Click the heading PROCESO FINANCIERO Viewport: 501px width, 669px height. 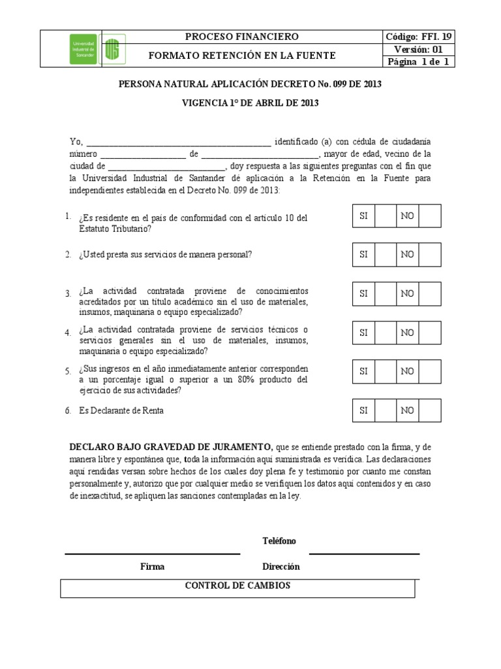pyautogui.click(x=242, y=37)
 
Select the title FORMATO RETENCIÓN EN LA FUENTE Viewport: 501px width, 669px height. pyautogui.click(x=242, y=56)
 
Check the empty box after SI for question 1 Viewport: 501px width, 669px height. pyautogui.click(x=385, y=216)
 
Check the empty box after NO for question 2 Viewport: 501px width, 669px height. pyautogui.click(x=430, y=255)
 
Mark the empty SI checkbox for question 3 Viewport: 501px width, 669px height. pyautogui.click(x=385, y=294)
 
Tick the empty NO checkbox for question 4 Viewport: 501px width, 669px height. pyautogui.click(x=430, y=333)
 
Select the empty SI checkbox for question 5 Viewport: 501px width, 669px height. pyautogui.click(x=385, y=371)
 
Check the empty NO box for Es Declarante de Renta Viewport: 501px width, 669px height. pyautogui.click(x=430, y=410)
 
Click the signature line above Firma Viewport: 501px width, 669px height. pyautogui.click(x=152, y=554)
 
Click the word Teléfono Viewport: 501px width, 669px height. pyautogui.click(x=279, y=542)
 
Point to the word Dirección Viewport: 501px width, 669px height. pyautogui.click(x=281, y=567)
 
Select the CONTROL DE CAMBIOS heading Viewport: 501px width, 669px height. pyautogui.click(x=237, y=586)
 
